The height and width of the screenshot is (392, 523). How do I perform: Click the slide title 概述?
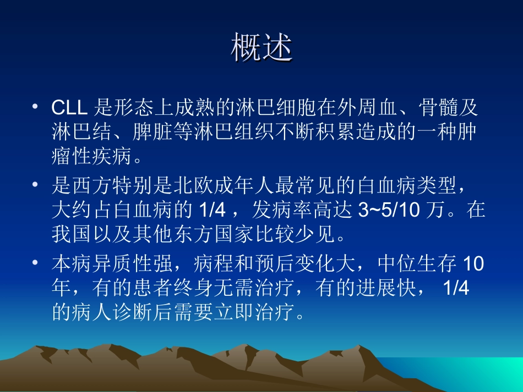tap(261, 49)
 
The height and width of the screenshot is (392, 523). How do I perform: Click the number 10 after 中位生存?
tap(473, 265)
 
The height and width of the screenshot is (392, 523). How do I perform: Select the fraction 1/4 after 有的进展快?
tap(455, 289)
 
